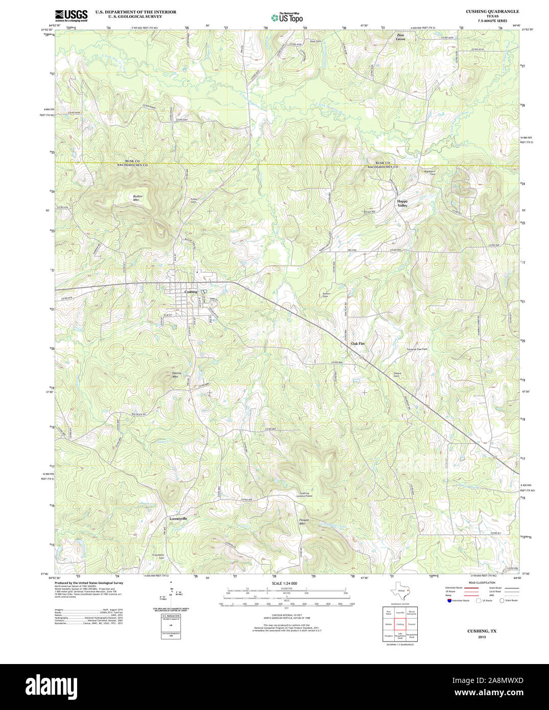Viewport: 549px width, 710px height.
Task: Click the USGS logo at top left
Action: tap(71, 15)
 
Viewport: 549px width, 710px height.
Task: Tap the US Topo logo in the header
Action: tap(287, 18)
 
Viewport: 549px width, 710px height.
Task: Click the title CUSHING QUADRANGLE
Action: tap(492, 11)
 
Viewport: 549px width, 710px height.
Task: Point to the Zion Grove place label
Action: tap(400, 37)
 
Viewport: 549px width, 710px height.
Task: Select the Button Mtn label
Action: tap(137, 198)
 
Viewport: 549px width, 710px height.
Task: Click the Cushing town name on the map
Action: tap(190, 292)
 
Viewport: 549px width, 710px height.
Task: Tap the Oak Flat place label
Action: tap(357, 344)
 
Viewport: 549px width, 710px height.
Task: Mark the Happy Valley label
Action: tap(402, 203)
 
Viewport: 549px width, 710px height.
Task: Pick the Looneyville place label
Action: tap(178, 518)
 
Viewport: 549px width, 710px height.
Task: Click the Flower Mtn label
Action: tap(304, 522)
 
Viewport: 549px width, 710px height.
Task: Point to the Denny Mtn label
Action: tap(176, 374)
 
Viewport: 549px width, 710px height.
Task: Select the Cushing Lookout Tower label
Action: tap(305, 494)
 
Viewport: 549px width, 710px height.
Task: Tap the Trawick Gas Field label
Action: tap(417, 349)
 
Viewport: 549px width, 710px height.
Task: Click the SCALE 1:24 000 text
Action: tap(284, 583)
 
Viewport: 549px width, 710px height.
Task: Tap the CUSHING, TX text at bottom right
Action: tap(482, 631)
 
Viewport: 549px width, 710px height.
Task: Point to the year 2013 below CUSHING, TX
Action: tap(482, 637)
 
